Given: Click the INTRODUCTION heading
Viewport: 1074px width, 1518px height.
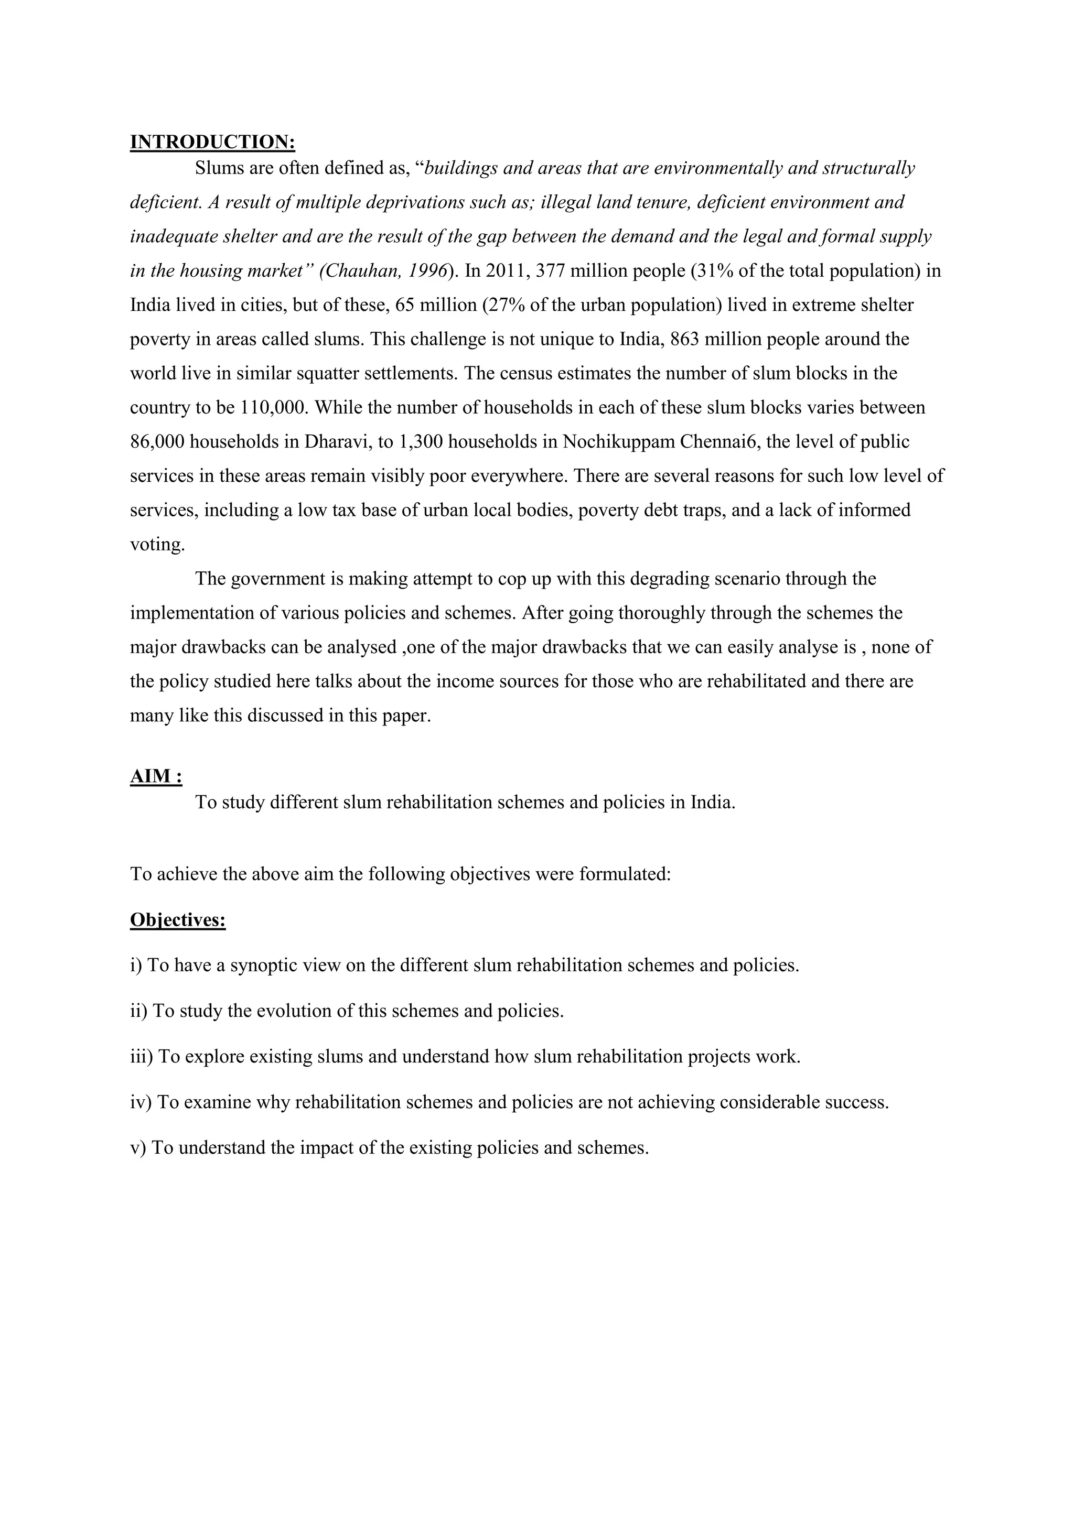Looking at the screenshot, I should pyautogui.click(x=212, y=142).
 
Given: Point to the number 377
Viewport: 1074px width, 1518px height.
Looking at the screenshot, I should pyautogui.click(x=553, y=271).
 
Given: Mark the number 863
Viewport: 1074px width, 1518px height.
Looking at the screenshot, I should pyautogui.click(x=688, y=340).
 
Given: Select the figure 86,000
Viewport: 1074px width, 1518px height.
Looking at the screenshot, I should pyautogui.click(x=157, y=442).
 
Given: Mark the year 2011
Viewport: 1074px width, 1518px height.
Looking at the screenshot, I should pyautogui.click(x=507, y=271).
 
